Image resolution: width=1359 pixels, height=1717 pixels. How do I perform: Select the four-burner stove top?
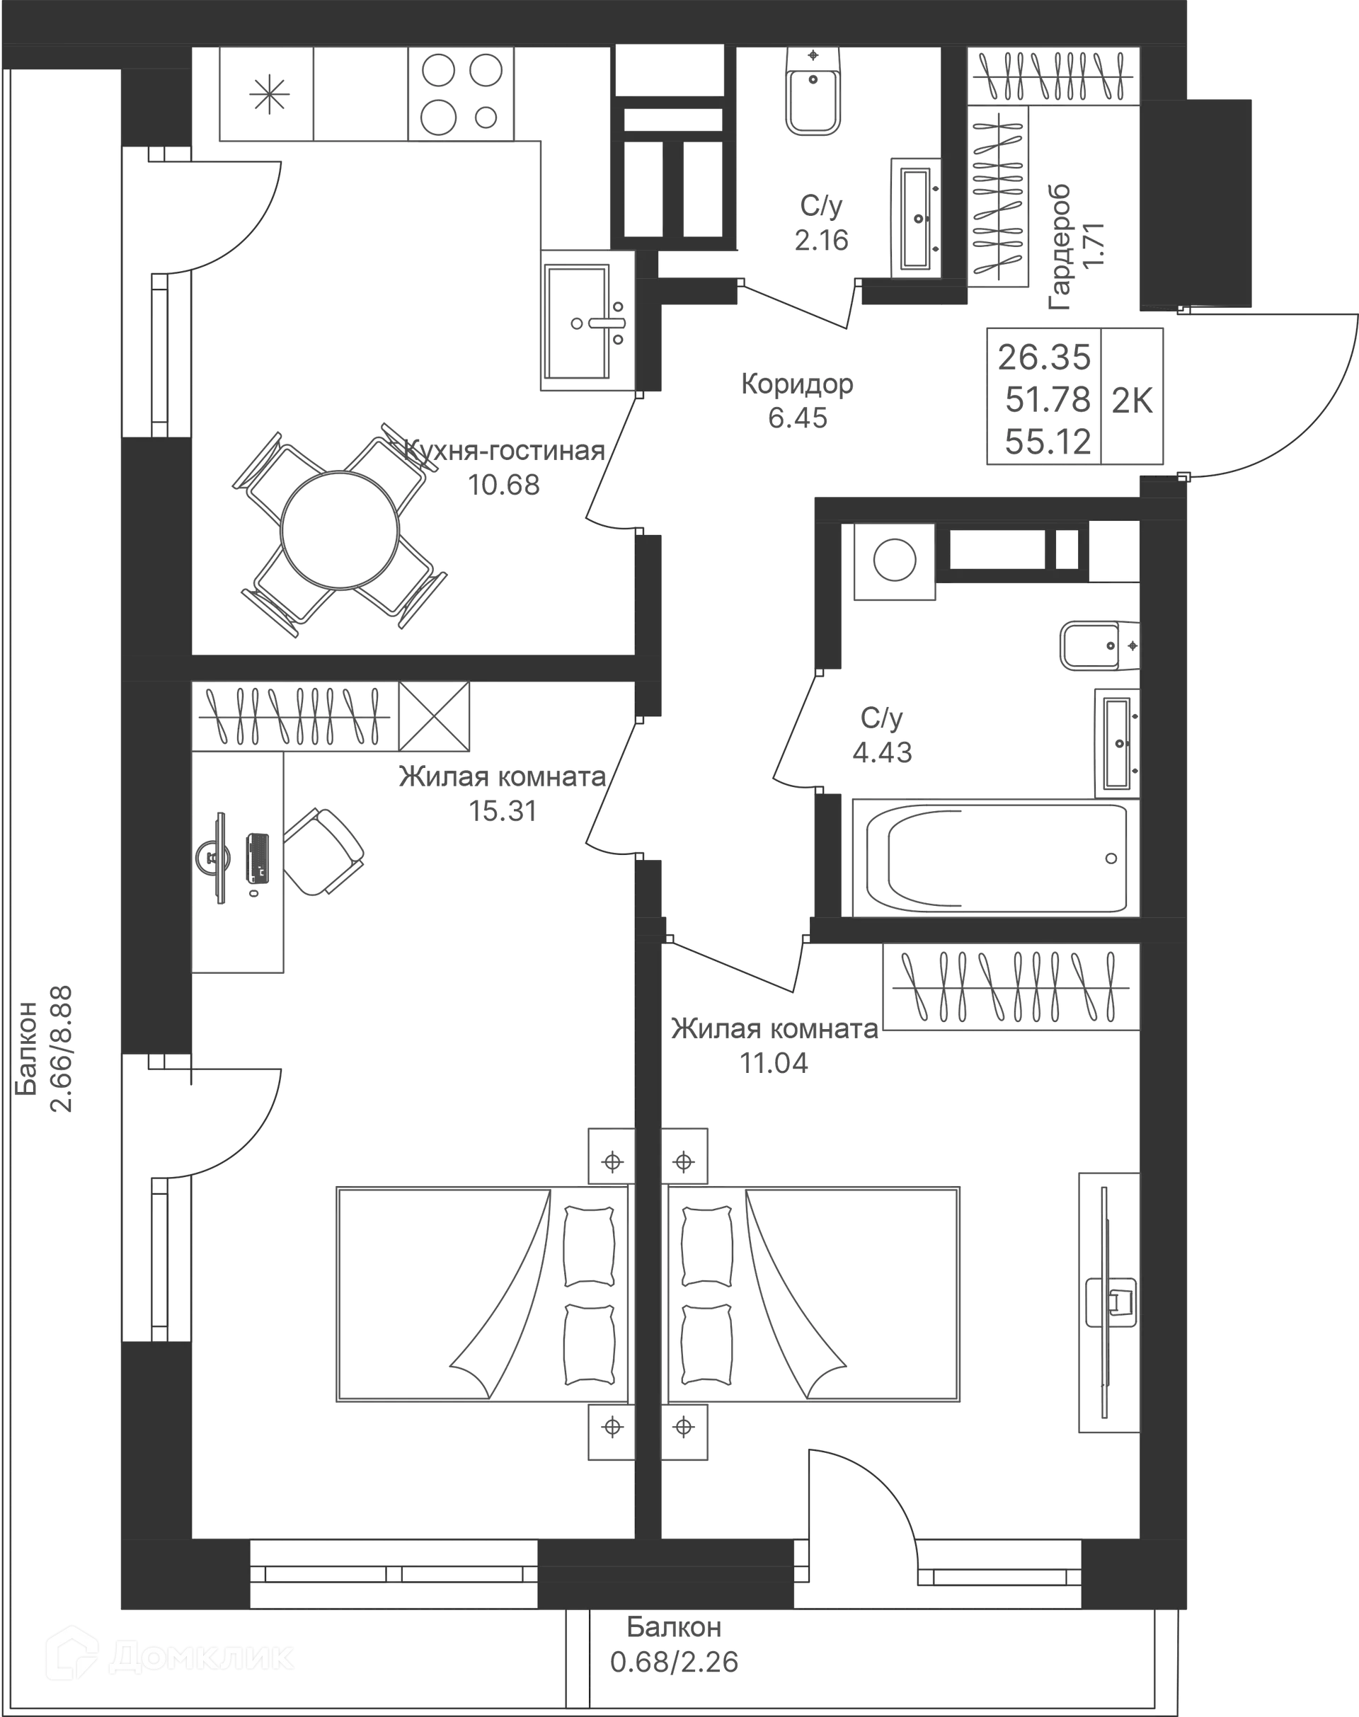459,96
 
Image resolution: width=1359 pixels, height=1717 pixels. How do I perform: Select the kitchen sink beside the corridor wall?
586,323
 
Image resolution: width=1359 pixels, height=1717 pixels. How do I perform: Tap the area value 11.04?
774,1062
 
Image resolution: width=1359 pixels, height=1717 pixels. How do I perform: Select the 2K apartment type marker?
1132,400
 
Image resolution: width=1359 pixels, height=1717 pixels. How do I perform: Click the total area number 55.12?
1046,440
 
